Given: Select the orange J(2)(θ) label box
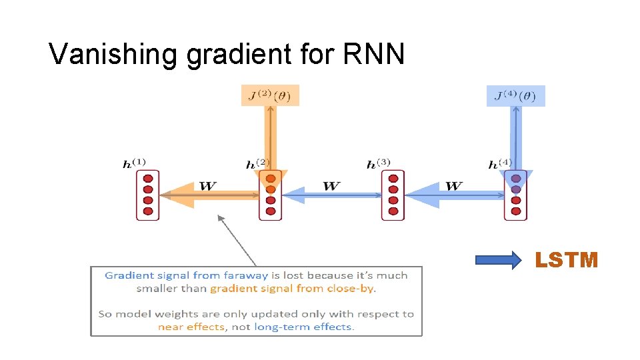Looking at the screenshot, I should click(270, 95).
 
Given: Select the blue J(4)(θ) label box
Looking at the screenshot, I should click(515, 96).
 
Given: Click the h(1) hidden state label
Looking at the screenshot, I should click(135, 163).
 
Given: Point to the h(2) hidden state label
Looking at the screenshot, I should click(257, 163).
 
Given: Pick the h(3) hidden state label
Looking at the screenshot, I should click(379, 163).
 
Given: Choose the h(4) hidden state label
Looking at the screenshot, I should click(501, 163).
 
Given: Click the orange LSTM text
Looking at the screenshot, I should click(567, 260).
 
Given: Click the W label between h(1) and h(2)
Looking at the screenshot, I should click(207, 185).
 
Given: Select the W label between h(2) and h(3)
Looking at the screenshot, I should click(331, 185).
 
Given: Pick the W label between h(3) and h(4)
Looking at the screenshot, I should click(453, 185).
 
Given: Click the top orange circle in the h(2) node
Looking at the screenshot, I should click(270, 178).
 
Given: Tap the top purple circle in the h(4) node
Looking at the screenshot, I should click(515, 178).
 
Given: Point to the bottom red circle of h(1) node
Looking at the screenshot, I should click(148, 211).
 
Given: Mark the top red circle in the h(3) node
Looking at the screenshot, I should click(393, 178).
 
